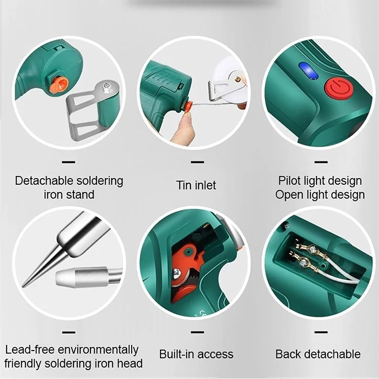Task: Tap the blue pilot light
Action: [308, 71]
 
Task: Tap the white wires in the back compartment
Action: [338, 270]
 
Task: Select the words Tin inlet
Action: [196, 185]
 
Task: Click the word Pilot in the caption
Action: [289, 180]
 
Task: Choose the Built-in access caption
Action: [196, 354]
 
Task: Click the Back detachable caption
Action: [318, 354]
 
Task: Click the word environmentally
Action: [98, 350]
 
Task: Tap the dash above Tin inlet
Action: [197, 162]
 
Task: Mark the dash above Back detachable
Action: [321, 333]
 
